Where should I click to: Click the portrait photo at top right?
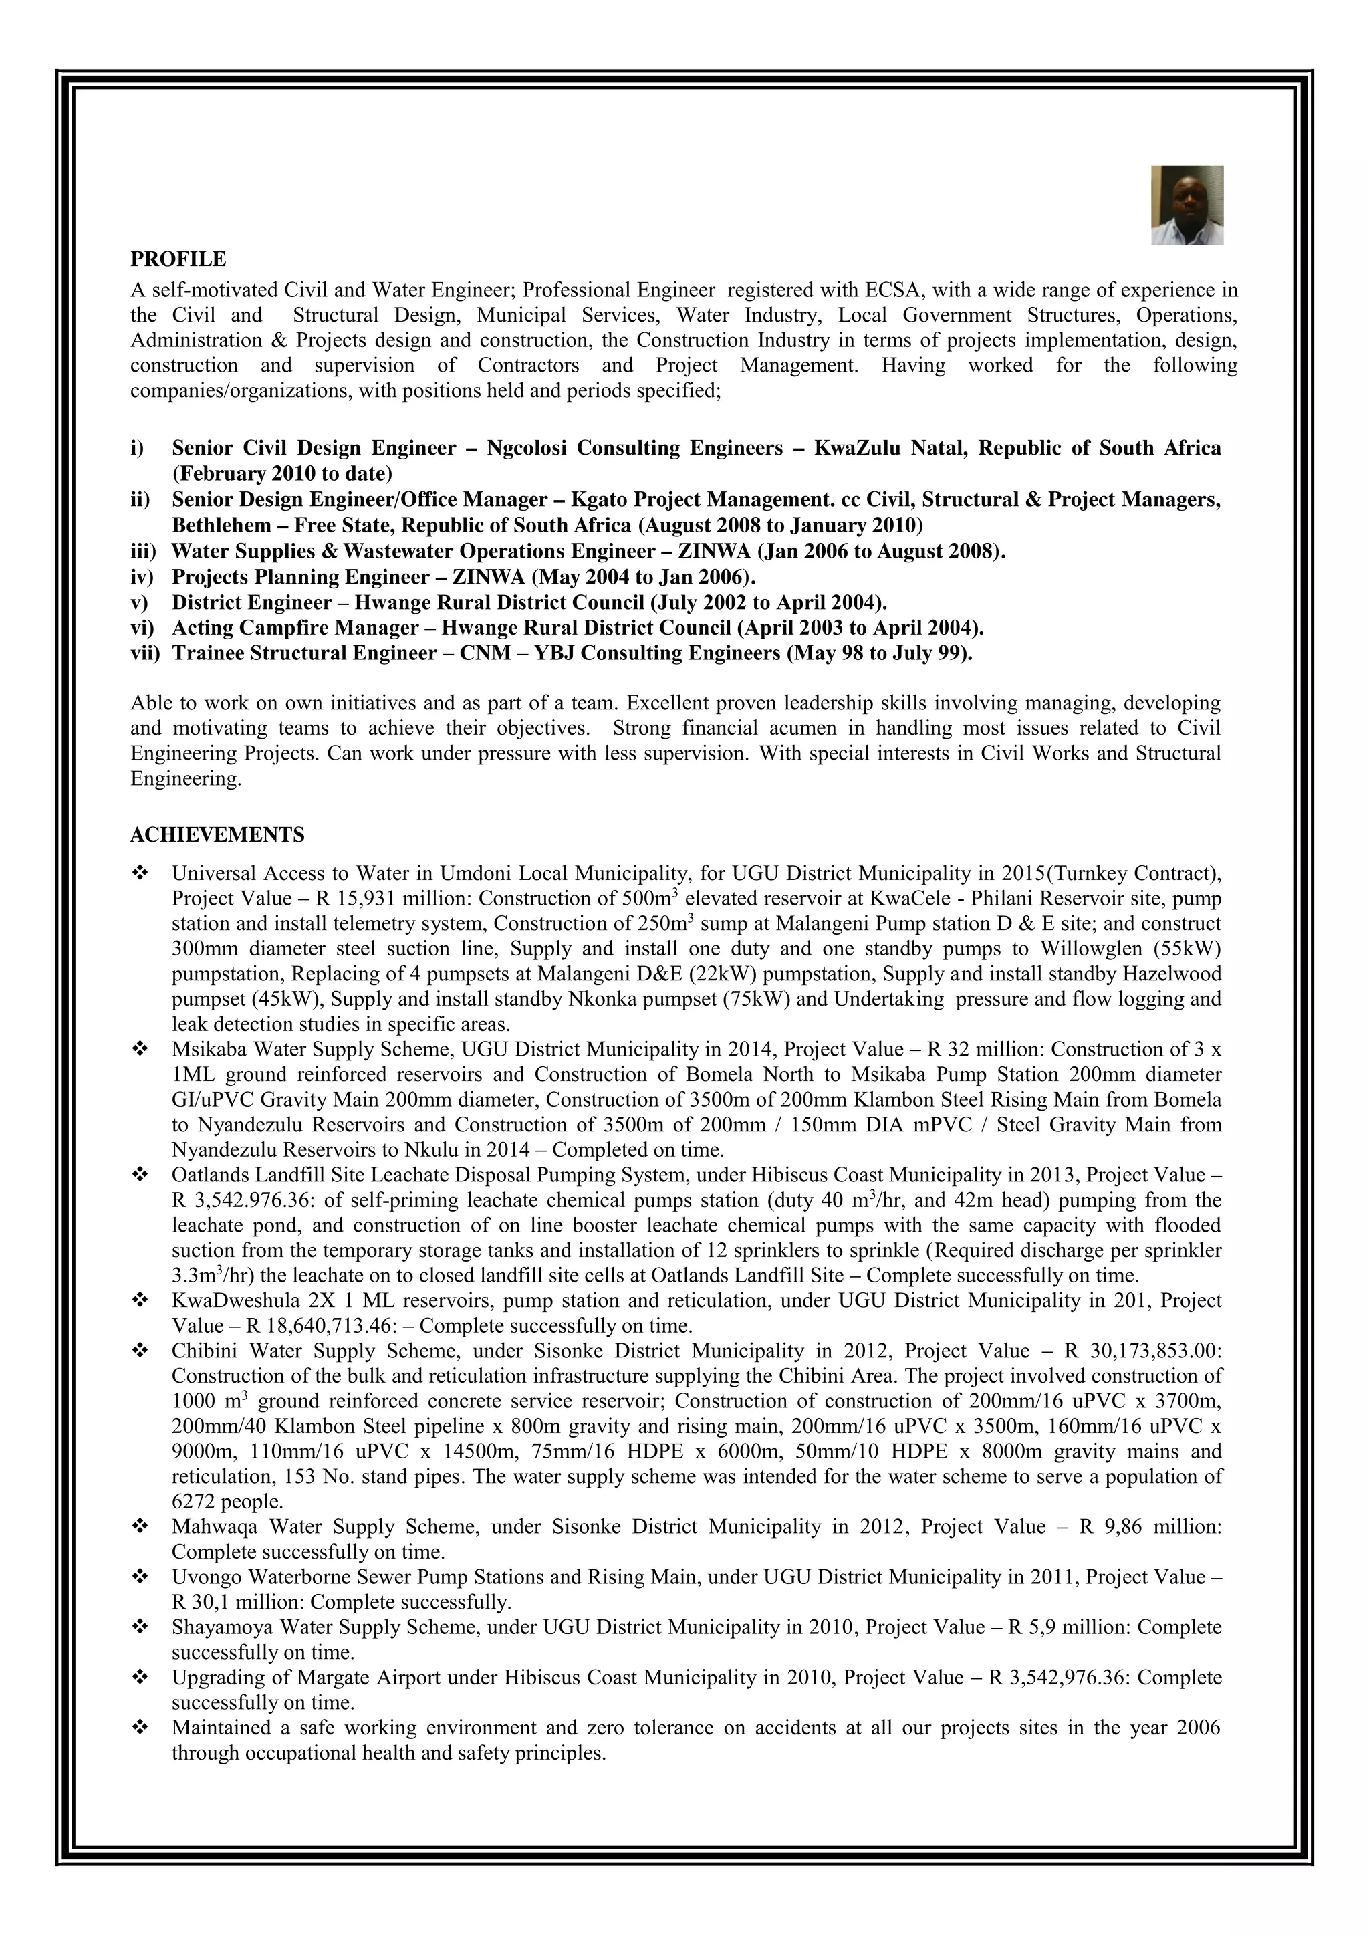pos(1187,205)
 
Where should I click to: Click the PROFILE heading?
pos(178,258)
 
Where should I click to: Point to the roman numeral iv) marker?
pos(142,577)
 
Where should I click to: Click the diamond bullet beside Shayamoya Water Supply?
pos(140,1627)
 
